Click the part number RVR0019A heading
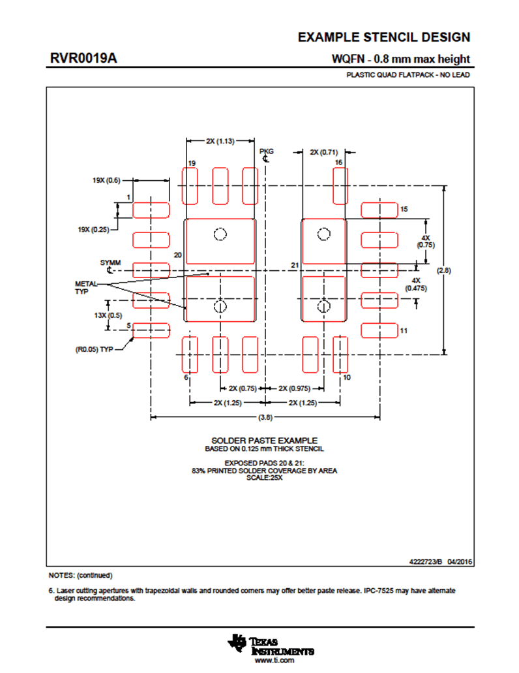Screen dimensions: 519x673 83,58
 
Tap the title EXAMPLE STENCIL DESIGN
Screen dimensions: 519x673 384,37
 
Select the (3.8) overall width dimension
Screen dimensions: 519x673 265,417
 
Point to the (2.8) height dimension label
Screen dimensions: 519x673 443,270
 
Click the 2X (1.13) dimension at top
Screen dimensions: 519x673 220,141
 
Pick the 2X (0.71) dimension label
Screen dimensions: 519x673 324,152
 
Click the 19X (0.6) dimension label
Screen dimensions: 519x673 106,180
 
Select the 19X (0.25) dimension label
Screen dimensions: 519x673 93,230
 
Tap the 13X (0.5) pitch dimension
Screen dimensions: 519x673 108,315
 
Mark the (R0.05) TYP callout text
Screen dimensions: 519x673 95,349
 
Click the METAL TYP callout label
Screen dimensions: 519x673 85,288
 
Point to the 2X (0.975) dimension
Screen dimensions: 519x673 295,388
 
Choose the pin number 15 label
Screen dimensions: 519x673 404,209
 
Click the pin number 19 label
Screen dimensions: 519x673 192,163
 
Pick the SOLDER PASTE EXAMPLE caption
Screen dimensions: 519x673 265,441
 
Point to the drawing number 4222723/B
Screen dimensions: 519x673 426,561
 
